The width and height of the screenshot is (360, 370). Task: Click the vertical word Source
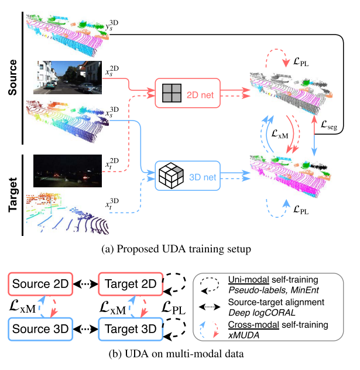[11, 78]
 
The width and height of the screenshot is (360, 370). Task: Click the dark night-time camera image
[61, 169]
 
